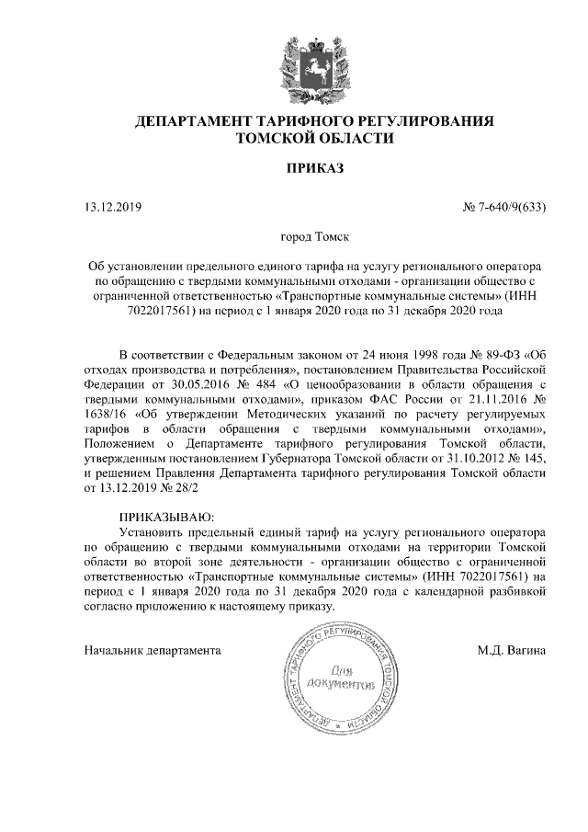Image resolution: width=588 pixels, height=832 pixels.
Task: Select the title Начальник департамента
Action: [x=153, y=650]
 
